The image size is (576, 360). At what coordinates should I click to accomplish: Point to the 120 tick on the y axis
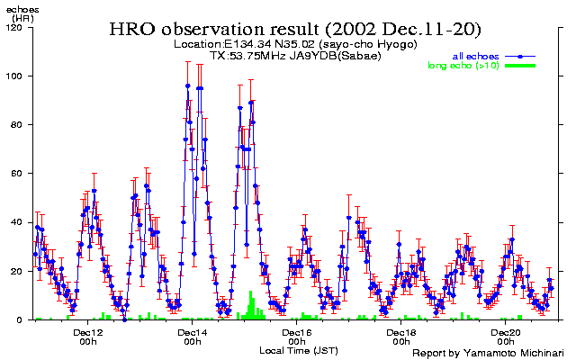tap(15, 27)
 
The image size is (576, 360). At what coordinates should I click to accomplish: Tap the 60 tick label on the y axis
tap(18, 173)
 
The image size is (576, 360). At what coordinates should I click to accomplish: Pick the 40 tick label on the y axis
tap(18, 221)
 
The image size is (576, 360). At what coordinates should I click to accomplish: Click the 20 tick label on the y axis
tap(18, 271)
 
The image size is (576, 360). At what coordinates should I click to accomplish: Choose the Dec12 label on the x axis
tap(88, 332)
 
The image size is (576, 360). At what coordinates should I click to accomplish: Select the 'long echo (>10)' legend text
tap(464, 65)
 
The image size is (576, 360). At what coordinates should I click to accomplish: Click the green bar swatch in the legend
tap(520, 65)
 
